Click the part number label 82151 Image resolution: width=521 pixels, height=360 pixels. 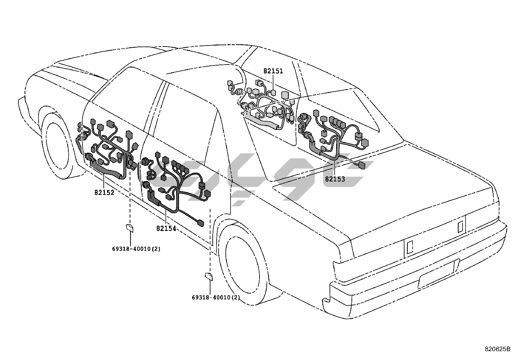[273, 71]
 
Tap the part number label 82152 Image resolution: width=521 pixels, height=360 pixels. [104, 193]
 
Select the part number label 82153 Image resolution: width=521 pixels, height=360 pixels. [335, 179]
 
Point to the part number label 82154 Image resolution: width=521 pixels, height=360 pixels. [166, 228]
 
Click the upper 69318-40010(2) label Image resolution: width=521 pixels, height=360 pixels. [136, 249]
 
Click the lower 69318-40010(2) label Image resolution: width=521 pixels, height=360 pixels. [216, 298]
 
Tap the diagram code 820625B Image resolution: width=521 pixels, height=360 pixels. [497, 349]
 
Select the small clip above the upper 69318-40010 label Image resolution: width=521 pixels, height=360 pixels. [130, 228]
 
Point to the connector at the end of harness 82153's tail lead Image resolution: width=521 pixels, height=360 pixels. [362, 166]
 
